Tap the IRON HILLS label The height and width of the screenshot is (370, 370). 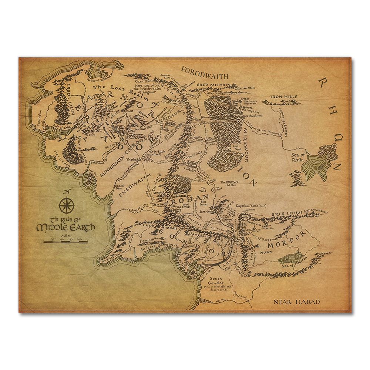point(283,97)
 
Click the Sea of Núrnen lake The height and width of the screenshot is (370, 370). point(291,257)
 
